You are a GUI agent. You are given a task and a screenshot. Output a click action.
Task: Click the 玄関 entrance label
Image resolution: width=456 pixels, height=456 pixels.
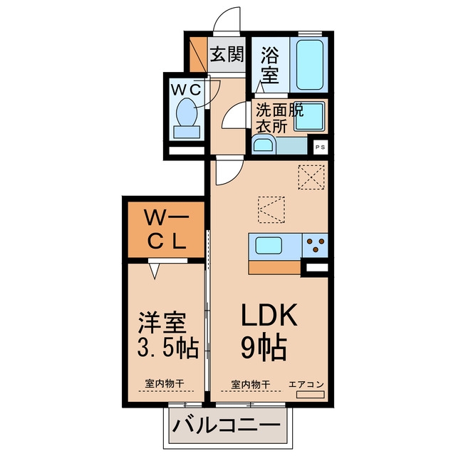click(227, 54)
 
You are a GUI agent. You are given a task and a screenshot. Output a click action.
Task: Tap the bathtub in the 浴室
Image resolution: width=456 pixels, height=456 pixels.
click(309, 65)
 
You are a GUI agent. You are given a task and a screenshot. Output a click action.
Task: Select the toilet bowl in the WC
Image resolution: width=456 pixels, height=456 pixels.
click(187, 112)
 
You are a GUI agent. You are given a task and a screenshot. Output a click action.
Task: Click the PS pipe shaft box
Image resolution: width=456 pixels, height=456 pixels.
click(320, 147)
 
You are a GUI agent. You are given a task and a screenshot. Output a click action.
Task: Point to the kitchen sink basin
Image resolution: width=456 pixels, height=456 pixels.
click(269, 245)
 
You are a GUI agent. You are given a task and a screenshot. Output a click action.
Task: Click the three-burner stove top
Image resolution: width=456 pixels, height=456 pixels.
click(315, 245)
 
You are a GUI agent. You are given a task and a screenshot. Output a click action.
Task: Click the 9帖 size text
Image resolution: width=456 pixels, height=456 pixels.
click(264, 348)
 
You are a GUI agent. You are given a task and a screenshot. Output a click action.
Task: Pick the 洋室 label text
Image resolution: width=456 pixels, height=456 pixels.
click(162, 323)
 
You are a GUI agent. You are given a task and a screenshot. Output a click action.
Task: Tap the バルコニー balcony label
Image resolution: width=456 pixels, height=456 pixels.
click(227, 426)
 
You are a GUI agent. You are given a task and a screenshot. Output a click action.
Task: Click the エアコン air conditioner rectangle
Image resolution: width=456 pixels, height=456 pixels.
click(310, 395)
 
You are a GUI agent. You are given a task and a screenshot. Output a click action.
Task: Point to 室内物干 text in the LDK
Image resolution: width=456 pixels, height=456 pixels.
click(251, 384)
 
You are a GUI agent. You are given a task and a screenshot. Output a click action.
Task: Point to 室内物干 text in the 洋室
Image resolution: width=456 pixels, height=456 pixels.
click(165, 383)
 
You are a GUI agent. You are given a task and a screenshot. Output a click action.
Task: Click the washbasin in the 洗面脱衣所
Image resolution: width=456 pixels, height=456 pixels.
click(263, 145)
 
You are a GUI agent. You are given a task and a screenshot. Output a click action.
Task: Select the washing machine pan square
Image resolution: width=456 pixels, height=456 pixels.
click(309, 116)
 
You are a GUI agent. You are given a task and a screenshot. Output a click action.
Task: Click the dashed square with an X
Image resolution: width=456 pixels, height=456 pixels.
click(311, 177)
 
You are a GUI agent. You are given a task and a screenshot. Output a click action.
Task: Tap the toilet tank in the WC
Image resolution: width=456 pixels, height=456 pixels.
click(187, 132)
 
